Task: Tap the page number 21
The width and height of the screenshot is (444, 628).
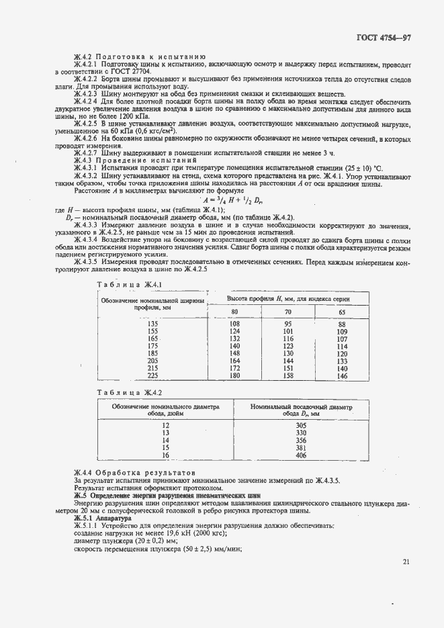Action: (x=406, y=562)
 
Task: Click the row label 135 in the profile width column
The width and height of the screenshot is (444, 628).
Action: (x=152, y=324)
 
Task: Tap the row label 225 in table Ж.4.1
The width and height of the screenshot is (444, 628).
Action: (x=152, y=376)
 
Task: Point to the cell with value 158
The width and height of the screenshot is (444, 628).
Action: (x=288, y=376)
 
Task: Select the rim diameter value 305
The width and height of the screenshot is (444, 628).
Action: (x=301, y=426)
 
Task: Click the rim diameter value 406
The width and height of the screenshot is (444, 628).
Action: (x=301, y=455)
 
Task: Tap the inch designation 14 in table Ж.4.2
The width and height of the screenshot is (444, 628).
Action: (x=166, y=441)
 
